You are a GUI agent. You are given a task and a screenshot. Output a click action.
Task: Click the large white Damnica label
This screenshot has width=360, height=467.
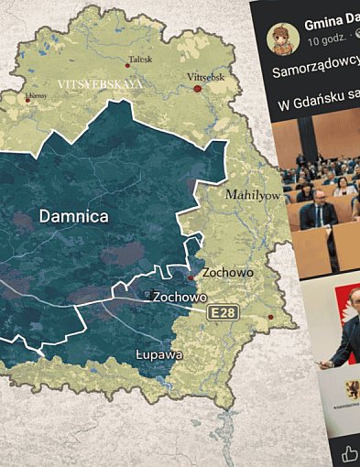click(74, 217)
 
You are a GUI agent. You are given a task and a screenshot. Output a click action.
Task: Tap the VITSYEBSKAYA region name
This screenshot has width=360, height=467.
click(100, 82)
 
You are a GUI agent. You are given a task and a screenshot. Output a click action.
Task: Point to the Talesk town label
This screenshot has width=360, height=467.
click(140, 59)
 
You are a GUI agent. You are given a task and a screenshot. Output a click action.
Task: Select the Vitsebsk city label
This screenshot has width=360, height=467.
click(205, 77)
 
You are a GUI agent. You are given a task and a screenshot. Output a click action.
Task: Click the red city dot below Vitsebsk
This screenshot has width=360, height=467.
click(197, 89)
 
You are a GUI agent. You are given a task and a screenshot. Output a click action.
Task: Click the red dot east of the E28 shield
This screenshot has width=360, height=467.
click(270, 317)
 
